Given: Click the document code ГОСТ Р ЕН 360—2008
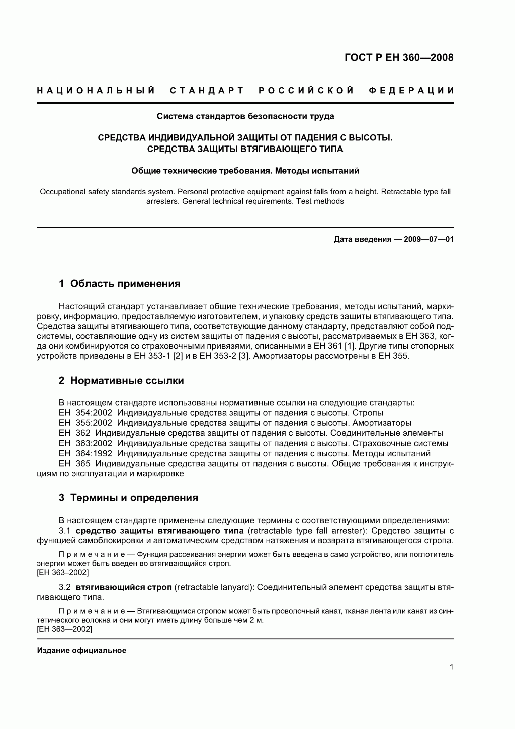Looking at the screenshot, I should pyautogui.click(x=399, y=57).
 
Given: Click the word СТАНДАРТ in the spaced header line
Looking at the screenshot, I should pyautogui.click(x=207, y=91).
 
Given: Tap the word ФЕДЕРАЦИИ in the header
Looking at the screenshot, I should pyautogui.click(x=411, y=91).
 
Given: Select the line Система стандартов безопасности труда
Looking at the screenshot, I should pyautogui.click(x=245, y=116).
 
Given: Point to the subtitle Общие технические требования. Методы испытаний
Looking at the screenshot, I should pyautogui.click(x=245, y=171).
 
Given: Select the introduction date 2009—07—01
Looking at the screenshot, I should pyautogui.click(x=425, y=239).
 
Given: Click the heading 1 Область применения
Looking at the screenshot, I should pyautogui.click(x=119, y=284).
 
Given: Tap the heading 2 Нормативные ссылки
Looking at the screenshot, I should pyautogui.click(x=121, y=381).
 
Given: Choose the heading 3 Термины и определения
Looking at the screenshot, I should pyautogui.click(x=128, y=498).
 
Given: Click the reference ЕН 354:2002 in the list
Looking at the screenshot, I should pyautogui.click(x=85, y=413).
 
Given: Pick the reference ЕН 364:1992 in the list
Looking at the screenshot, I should pyautogui.click(x=85, y=454).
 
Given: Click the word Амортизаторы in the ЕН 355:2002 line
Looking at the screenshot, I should pyautogui.click(x=382, y=423).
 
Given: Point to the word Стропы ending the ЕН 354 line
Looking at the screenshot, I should pyautogui.click(x=368, y=413).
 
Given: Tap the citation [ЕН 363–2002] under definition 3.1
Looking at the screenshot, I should pyautogui.click(x=63, y=573).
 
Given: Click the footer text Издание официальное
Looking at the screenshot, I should pyautogui.click(x=81, y=650).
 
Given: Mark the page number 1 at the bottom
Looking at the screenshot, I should pyautogui.click(x=451, y=667).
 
